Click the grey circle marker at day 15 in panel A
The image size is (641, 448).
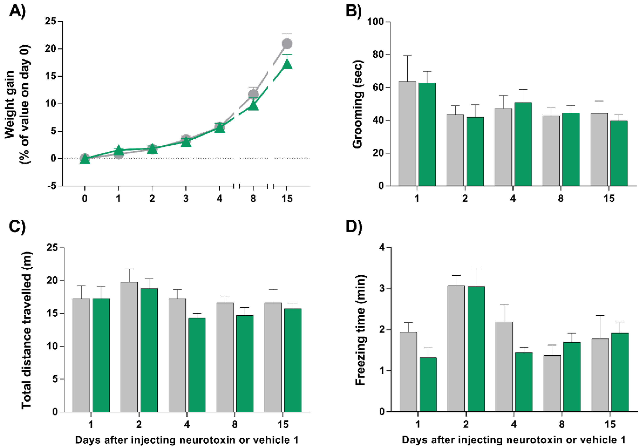[x=287, y=44]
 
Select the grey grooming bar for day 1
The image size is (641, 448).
[x=407, y=134]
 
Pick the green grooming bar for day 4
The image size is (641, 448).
[x=523, y=144]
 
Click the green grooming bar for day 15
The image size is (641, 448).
[x=619, y=153]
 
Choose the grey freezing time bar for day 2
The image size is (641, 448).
[x=456, y=349]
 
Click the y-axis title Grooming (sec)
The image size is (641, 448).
[x=358, y=104]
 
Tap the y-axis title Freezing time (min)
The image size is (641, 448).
[x=360, y=330]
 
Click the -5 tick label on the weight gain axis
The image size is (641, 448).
[x=52, y=186]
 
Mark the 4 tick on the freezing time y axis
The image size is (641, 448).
[x=382, y=248]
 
